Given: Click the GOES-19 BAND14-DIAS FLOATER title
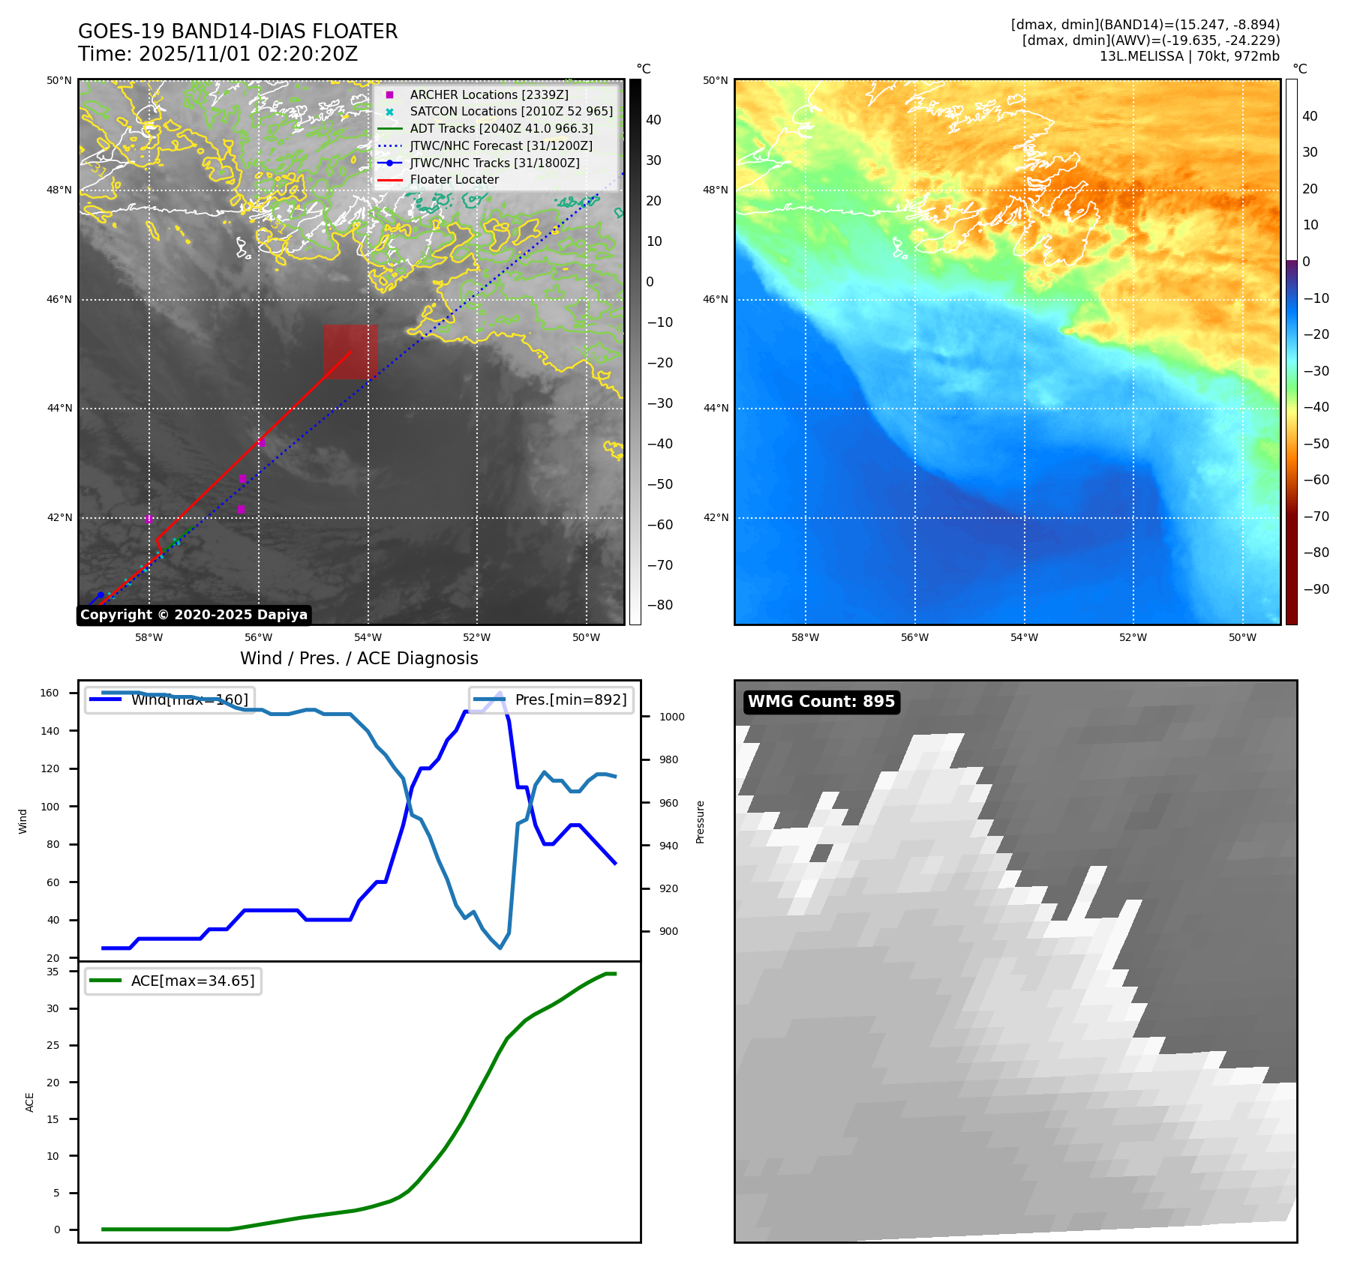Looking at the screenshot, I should tap(238, 31).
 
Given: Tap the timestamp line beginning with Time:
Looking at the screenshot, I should tap(218, 54).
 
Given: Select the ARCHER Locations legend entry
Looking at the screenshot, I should tap(488, 94).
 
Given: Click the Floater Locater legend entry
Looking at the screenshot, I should tap(454, 179).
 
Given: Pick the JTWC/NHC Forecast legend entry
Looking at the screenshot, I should tap(500, 145).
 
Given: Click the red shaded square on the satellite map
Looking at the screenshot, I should tap(350, 352).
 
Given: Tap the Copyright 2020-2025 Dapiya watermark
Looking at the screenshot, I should tap(194, 615).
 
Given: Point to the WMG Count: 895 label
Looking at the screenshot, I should tap(821, 702).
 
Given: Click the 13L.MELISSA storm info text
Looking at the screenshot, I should tap(1189, 56).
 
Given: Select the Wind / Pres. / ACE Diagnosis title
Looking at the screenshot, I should tap(359, 658).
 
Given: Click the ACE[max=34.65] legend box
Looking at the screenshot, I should tap(173, 981).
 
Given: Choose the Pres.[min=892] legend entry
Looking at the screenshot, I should tap(550, 699).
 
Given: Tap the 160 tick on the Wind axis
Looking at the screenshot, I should tap(50, 693).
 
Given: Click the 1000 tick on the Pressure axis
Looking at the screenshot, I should tap(671, 717).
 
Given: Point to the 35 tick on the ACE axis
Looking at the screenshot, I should tap(53, 972).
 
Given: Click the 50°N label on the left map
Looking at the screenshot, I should tap(59, 80).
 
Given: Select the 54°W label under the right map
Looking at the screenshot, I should tap(1023, 637).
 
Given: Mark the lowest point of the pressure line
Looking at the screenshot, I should tap(500, 948).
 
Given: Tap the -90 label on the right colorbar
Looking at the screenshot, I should tap(1316, 589).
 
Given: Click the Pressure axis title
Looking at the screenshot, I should tap(700, 822).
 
